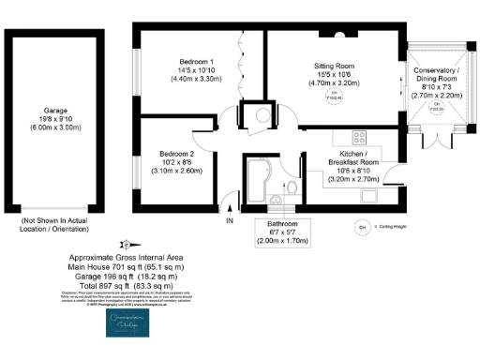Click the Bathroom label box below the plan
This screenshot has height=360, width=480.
click(x=288, y=232)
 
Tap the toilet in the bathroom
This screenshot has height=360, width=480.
click(x=294, y=191)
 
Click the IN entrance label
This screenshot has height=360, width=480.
click(x=230, y=221)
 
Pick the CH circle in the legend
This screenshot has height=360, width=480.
click(x=361, y=226)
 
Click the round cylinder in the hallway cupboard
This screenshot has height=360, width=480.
click(x=253, y=117)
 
